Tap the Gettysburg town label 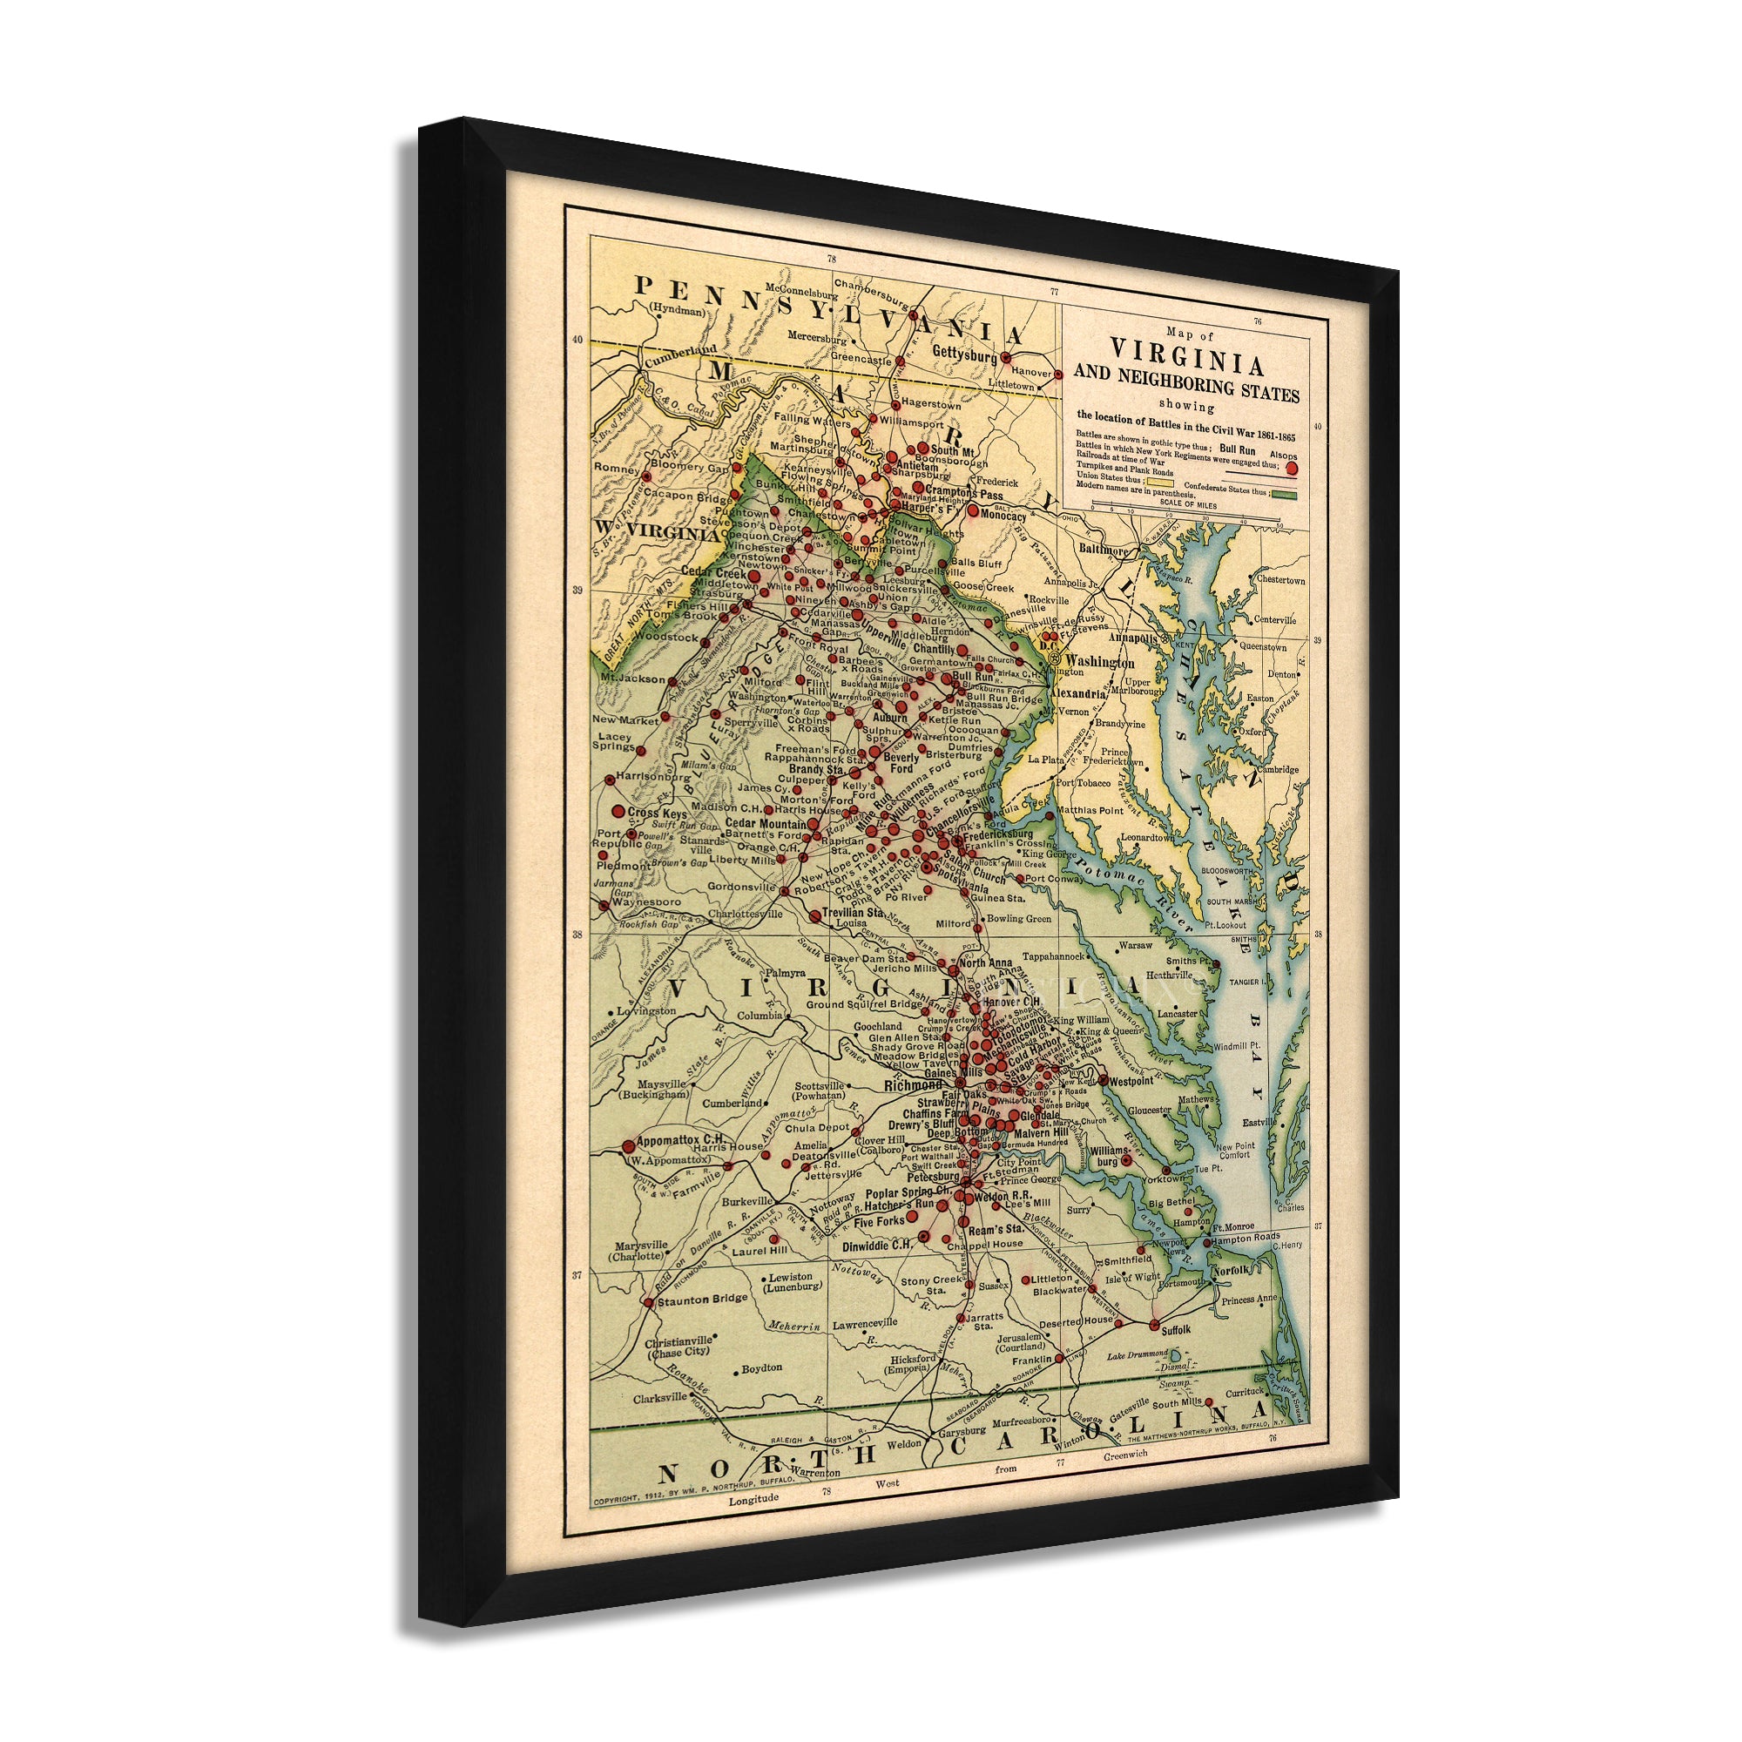(965, 354)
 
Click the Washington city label (1099, 663)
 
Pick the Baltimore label (1104, 549)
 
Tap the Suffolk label (1176, 1330)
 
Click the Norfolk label (1231, 1271)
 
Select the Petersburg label (933, 1177)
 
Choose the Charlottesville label (745, 914)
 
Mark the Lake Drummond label (1137, 1356)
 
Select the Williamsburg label (1108, 1157)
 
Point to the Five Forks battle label (878, 1223)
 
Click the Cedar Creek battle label (713, 572)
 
